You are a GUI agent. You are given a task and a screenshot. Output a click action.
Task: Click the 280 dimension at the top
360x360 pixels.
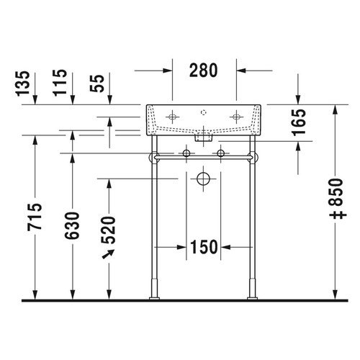point(204,71)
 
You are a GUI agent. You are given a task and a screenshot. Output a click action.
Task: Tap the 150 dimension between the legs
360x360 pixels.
point(204,247)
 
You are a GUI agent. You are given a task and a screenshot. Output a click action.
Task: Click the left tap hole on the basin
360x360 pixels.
point(174,116)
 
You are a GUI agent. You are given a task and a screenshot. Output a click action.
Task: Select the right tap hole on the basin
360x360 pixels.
point(235,116)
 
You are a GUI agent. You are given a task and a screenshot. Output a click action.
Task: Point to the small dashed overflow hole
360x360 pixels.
point(205,112)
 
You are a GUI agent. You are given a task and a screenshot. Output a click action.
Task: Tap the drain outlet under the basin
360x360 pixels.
point(204,134)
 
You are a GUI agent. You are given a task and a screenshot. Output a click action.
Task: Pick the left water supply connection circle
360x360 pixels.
point(187,153)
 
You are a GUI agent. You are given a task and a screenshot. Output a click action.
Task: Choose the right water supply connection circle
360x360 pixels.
point(221,153)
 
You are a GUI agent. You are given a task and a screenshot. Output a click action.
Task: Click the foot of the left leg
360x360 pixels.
point(153,292)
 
